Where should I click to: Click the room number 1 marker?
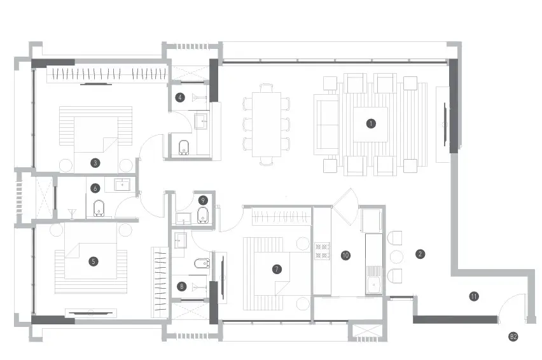coord(371,123)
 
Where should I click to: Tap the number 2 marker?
coord(420,254)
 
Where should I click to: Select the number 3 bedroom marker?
coord(95,163)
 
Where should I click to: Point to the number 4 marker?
coord(180,97)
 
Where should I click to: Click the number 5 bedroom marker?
coord(94,261)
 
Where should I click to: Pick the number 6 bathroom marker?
coord(95,188)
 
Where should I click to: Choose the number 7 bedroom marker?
coord(277,269)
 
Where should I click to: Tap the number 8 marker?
coord(181,286)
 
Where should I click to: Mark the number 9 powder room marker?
coord(203,200)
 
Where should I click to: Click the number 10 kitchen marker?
coord(345,255)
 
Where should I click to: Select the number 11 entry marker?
coord(474,296)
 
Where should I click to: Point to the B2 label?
coord(513,336)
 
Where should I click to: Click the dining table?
coord(266,125)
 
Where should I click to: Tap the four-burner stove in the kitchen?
coord(322,251)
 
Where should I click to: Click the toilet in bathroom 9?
coord(203,216)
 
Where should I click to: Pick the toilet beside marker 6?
coord(99,209)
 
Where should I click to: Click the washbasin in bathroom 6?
coord(122,184)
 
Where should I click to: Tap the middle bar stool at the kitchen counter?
coord(396,257)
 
